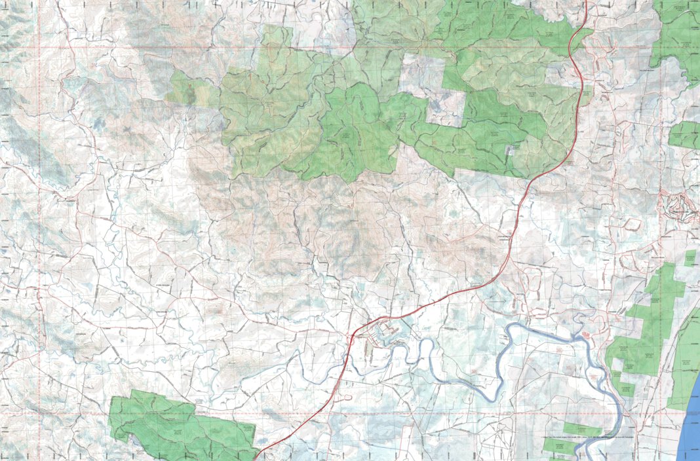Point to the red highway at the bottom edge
click(255, 458)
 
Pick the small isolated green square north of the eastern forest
click(691, 257)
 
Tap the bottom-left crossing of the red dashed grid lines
click(39, 414)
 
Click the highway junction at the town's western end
click(352, 336)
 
